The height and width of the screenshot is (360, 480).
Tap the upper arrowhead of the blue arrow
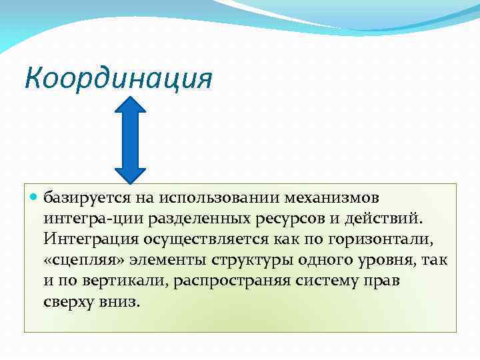point(135,108)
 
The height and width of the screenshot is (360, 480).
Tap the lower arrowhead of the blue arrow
point(135,173)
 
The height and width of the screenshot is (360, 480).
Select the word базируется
point(83,198)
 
